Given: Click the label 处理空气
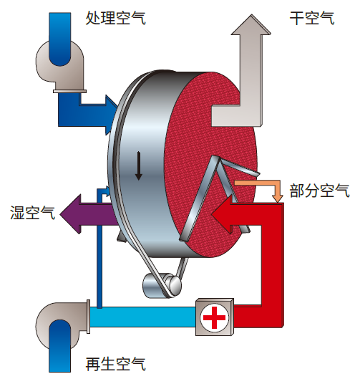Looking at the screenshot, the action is point(115,18).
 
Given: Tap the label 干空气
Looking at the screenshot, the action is point(312,18).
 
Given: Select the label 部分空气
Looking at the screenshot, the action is point(320,191).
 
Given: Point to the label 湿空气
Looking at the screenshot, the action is point(32,212).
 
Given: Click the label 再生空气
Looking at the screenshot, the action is point(115,364).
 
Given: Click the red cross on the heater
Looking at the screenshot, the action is point(215,317).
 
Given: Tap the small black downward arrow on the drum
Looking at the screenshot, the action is point(139,165).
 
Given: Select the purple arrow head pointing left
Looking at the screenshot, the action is point(70,213).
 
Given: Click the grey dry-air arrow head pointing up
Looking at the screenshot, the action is point(251,25).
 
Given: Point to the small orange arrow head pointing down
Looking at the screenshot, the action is point(277,198).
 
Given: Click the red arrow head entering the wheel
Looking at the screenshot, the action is point(222,214).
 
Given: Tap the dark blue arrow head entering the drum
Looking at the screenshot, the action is point(112,115).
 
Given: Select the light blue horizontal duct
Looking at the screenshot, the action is point(142,317).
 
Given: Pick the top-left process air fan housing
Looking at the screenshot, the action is point(60,66).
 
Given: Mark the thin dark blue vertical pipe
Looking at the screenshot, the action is point(99,247).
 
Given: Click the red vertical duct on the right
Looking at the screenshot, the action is point(273,264).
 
